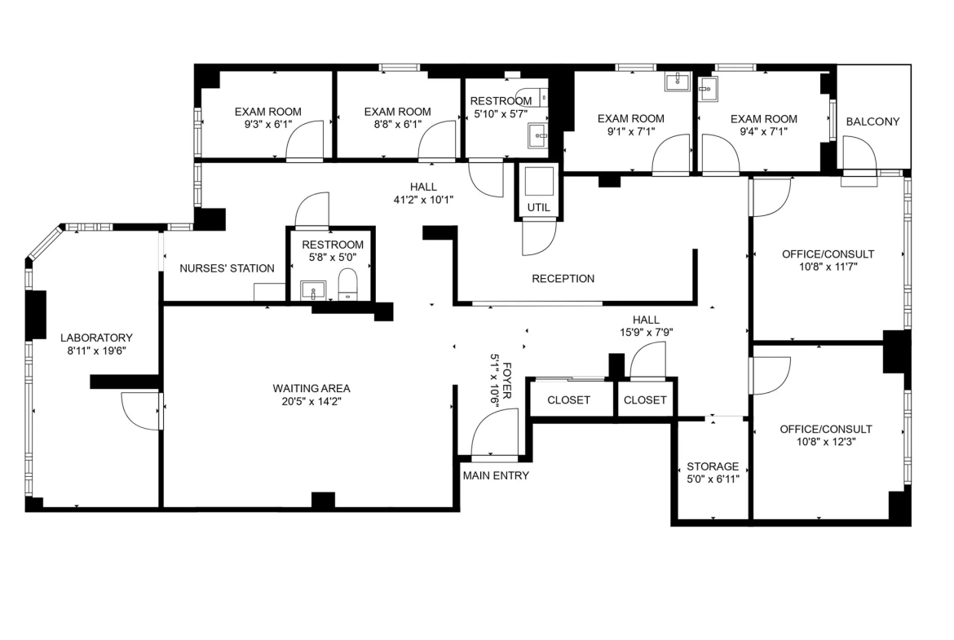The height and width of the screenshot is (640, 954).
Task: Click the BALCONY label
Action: coord(872,121)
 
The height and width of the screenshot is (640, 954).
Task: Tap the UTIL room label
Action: coord(538,207)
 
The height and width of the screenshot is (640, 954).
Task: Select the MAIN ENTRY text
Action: coord(496,476)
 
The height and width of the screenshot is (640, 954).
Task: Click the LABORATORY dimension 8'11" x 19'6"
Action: coord(96,351)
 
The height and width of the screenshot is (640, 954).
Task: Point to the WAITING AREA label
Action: coord(311,388)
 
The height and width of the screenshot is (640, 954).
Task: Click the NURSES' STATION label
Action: coord(227,268)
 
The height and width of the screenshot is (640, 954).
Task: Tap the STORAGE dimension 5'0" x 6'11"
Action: coord(713,479)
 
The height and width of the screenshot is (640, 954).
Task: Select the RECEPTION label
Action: coord(563,279)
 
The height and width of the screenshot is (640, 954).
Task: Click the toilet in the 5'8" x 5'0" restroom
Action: coord(348,285)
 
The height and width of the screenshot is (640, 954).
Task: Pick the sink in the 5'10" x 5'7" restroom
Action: coord(538,136)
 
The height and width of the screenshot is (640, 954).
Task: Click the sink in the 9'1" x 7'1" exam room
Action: coord(676,81)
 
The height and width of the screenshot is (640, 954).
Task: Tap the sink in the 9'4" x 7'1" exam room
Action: coord(708,88)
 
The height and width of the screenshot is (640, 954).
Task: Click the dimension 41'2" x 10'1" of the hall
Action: coord(423,200)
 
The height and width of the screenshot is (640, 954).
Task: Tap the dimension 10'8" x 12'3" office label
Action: coord(826,442)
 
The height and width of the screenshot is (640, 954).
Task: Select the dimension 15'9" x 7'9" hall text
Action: coord(646,332)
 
